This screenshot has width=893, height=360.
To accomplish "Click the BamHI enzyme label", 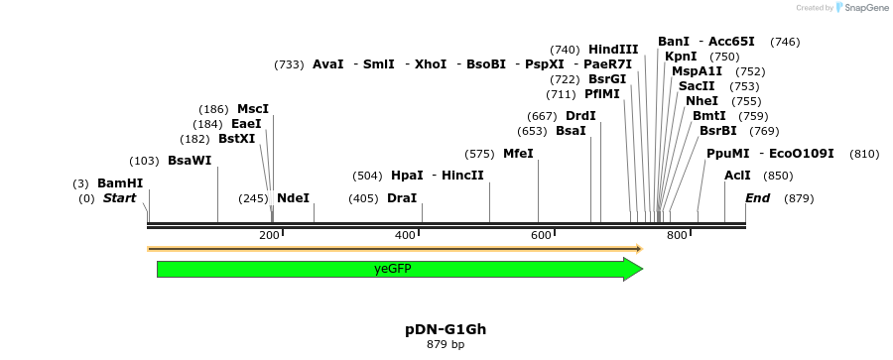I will (120, 183).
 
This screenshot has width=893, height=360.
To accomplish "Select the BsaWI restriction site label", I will (190, 161).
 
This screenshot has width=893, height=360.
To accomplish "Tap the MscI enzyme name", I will (253, 109).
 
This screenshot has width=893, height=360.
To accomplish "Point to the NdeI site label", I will (293, 198).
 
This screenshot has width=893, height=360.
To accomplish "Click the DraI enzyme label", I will (402, 198).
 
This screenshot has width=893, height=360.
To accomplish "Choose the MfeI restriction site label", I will (518, 154).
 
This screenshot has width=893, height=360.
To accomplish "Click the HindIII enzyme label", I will (613, 50).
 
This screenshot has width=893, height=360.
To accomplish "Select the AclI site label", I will (737, 176).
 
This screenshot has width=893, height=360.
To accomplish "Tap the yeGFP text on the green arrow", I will (393, 269).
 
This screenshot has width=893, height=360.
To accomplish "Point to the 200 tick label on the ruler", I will (269, 235).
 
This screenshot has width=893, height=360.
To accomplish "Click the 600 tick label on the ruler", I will (541, 235).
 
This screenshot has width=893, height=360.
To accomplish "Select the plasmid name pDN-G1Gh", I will (446, 329).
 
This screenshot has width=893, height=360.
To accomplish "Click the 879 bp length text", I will (446, 345).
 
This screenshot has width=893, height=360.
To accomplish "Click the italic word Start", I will (119, 198).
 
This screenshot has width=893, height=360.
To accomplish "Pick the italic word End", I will (757, 198).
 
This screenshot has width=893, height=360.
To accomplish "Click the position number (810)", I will (864, 154).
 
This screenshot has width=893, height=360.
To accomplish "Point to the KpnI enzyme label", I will (681, 57).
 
